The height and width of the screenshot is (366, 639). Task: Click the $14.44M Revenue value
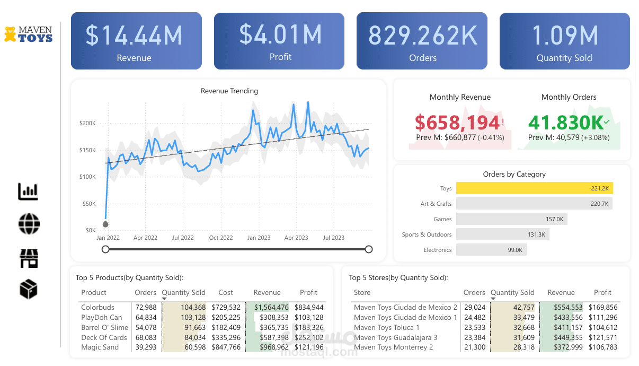coord(134,35)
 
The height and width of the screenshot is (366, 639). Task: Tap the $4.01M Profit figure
coord(280,34)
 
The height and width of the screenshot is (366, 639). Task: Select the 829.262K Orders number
coord(423,36)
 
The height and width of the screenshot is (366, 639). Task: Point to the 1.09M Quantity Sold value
coord(565,36)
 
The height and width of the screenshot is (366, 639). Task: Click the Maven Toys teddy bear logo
coord(10,34)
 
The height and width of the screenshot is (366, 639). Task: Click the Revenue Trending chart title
coord(229,91)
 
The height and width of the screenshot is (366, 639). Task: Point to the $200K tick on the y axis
coord(87,123)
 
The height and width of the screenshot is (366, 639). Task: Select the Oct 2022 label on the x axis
coord(221,238)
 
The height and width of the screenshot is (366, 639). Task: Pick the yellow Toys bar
coord(534,188)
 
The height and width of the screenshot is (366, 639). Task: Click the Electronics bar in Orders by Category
coord(491,250)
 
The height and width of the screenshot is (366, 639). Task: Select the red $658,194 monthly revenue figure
coord(457,123)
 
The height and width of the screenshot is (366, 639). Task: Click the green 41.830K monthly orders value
coord(566,123)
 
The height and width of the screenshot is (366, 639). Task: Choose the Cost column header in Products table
coord(226,292)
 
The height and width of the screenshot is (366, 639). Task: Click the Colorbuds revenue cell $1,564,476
coord(271,307)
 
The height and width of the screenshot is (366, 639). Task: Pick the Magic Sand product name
coord(100,347)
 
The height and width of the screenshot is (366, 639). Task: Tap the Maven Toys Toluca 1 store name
coord(387,327)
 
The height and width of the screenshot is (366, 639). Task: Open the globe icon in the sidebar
coord(29,224)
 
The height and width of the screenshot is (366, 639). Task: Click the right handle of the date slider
coord(369,249)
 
